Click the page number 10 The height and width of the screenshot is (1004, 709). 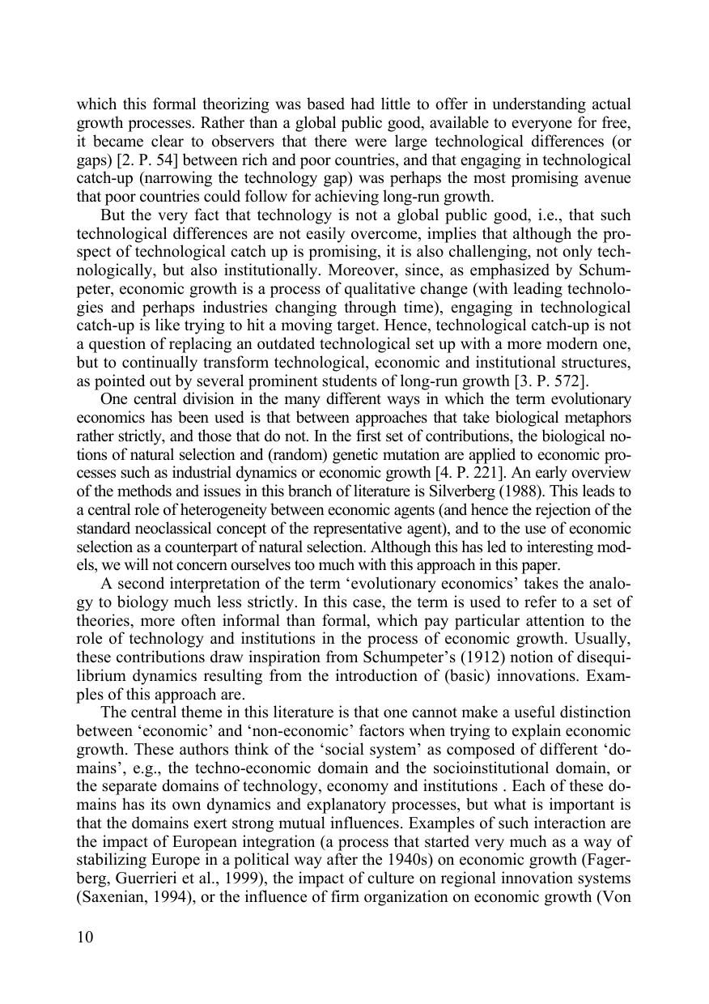coord(86,938)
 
